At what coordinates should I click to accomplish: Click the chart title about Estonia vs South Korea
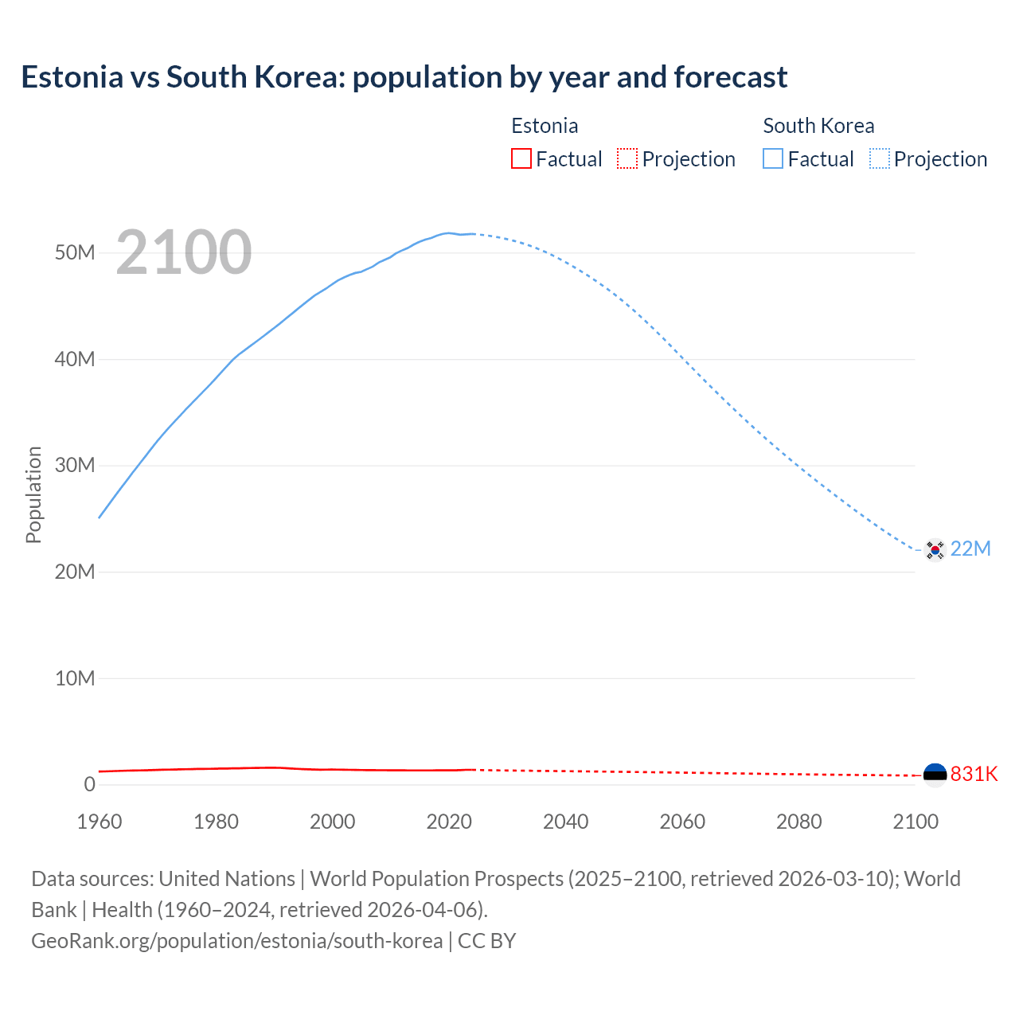click(x=404, y=77)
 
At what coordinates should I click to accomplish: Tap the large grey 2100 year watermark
click(x=184, y=252)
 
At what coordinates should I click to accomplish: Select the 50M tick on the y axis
click(x=75, y=253)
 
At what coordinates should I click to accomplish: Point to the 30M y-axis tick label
click(x=75, y=465)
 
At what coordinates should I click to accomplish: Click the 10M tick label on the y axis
click(x=75, y=678)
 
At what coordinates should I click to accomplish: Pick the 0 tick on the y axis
click(x=89, y=784)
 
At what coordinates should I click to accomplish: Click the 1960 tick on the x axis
click(x=100, y=822)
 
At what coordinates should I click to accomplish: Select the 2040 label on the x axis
click(x=565, y=822)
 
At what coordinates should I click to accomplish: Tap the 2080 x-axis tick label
click(x=798, y=822)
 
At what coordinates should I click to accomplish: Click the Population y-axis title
click(x=33, y=494)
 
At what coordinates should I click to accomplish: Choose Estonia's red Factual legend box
click(x=521, y=159)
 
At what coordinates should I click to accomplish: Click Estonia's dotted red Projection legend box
click(x=627, y=159)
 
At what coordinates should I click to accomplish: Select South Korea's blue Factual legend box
click(x=773, y=159)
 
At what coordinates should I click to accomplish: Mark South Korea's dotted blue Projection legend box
click(x=879, y=159)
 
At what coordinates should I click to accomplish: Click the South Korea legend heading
click(x=818, y=126)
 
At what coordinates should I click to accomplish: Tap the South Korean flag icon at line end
click(x=935, y=549)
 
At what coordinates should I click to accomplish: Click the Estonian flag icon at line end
click(x=935, y=774)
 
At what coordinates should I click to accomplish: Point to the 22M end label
click(x=970, y=549)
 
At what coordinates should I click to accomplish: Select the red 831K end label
click(x=974, y=774)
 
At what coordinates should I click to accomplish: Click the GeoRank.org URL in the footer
click(x=236, y=941)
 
